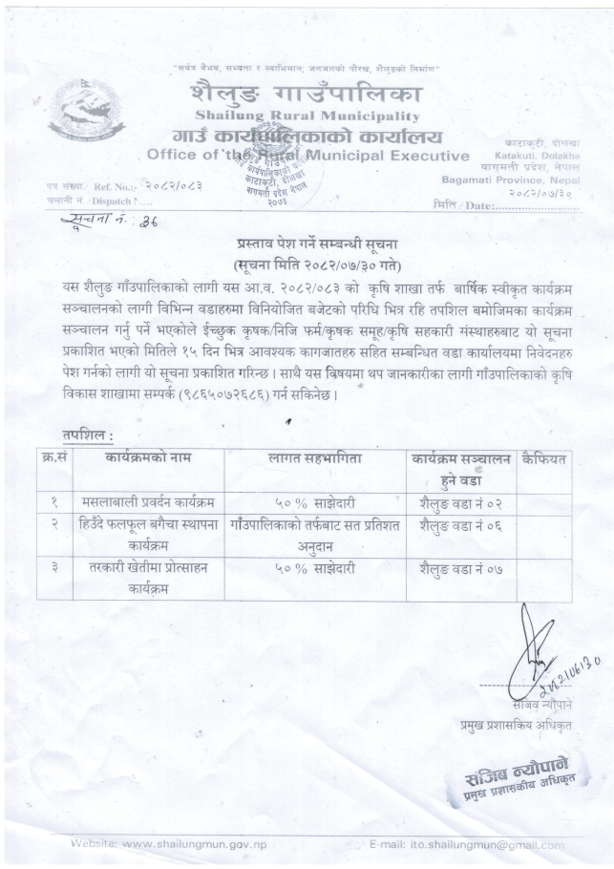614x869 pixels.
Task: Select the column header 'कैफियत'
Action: [x=544, y=459]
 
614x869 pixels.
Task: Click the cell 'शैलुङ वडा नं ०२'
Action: [x=460, y=501]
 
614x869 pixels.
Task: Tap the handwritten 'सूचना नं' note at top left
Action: [x=92, y=222]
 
